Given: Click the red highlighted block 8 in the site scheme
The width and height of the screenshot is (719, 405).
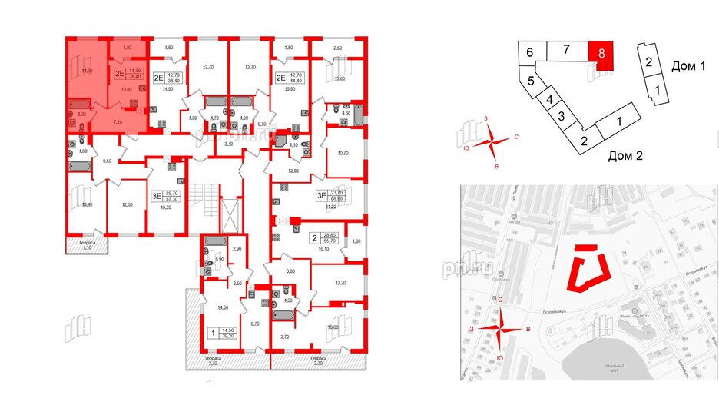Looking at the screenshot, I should (x=603, y=55).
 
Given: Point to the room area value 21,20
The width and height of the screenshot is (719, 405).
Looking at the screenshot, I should (x=331, y=207).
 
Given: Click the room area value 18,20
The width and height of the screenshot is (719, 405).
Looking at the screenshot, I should (x=165, y=207).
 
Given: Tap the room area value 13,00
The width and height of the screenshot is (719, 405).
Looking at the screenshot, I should (x=339, y=78).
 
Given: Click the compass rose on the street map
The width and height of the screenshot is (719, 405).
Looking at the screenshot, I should (x=500, y=328).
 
